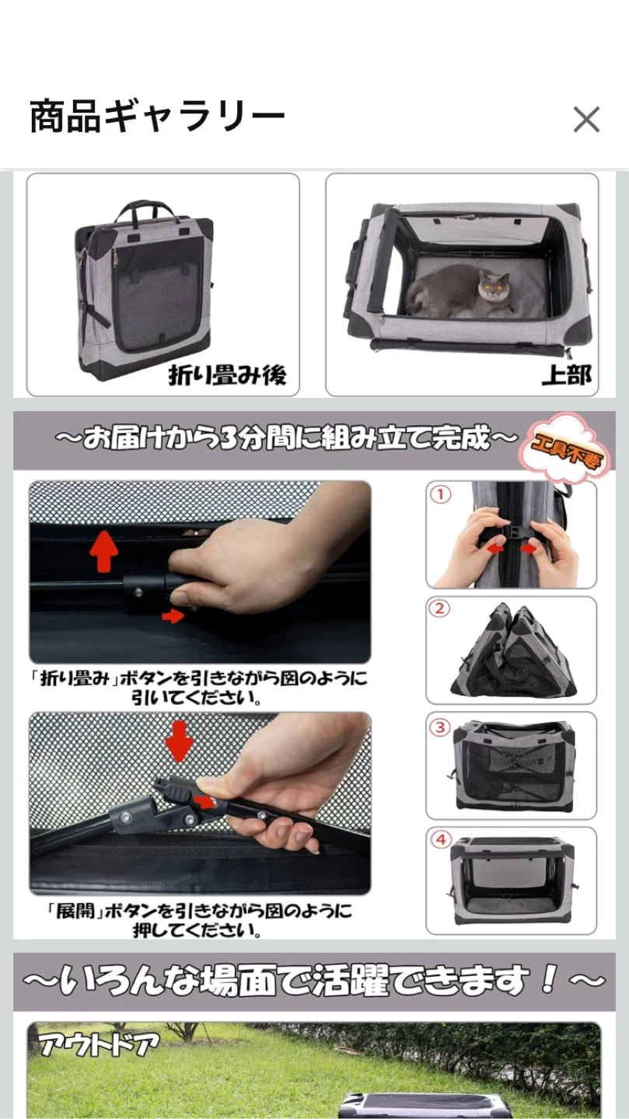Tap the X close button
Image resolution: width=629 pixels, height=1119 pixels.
point(586,119)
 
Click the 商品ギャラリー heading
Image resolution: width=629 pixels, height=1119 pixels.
point(158,117)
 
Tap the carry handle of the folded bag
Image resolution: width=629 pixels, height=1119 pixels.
point(145,211)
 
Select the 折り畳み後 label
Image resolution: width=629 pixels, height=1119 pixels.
point(227,375)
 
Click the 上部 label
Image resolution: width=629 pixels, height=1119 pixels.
point(567,375)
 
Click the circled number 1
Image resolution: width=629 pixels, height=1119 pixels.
point(441,494)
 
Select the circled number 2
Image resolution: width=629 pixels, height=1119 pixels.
point(440,609)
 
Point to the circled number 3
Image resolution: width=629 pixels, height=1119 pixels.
point(440,727)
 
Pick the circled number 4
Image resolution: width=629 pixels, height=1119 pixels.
point(441,840)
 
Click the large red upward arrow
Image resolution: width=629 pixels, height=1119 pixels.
point(103,551)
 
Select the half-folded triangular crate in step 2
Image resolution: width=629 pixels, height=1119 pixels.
point(513,650)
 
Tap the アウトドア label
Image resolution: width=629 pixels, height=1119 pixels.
point(100,1044)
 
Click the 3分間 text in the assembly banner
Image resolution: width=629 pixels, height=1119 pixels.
point(250,438)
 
